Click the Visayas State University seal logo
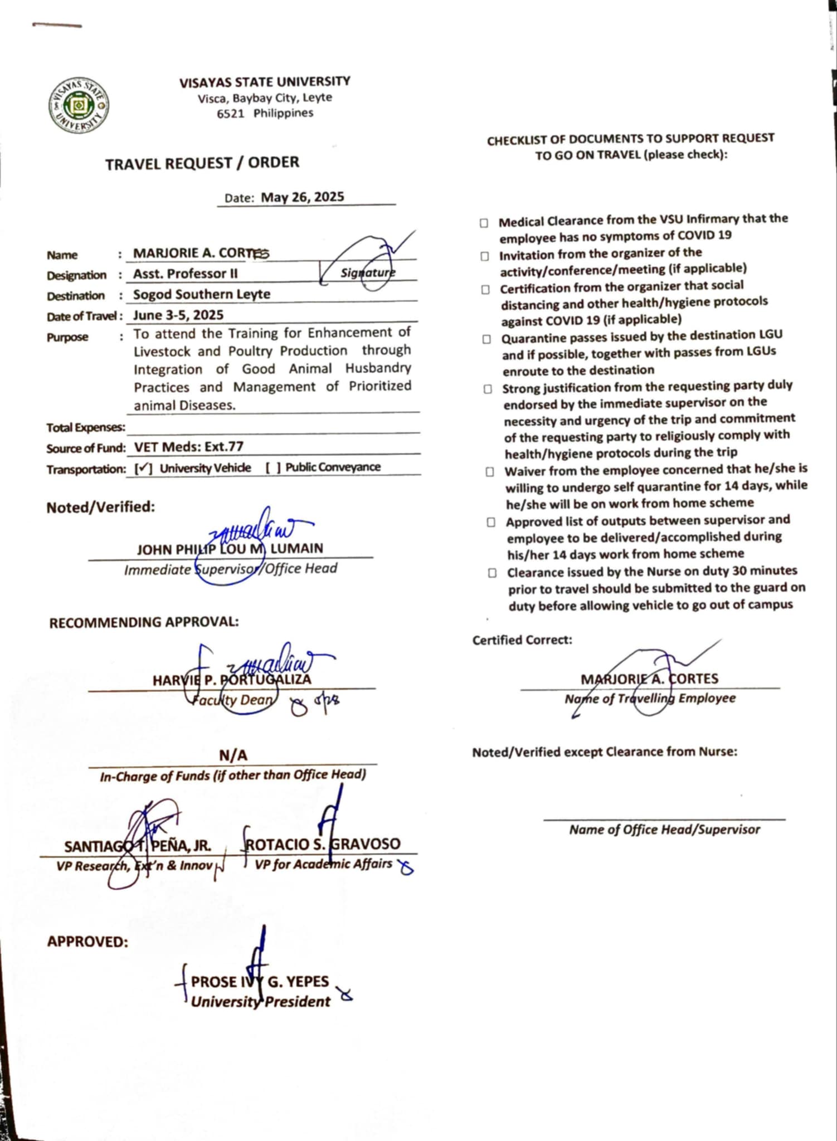pyautogui.click(x=79, y=105)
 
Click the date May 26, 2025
pyautogui.click(x=302, y=197)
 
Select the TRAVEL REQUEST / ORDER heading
pyautogui.click(x=202, y=163)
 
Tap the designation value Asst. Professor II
pyautogui.click(x=185, y=274)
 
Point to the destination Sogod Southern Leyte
pyautogui.click(x=202, y=294)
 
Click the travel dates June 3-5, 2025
pyautogui.click(x=178, y=315)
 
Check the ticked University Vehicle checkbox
pyautogui.click(x=144, y=469)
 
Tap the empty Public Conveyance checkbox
pyautogui.click(x=273, y=467)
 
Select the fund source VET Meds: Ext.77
pyautogui.click(x=188, y=447)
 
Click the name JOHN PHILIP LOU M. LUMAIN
pyautogui.click(x=230, y=549)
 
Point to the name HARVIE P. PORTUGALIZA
pyautogui.click(x=232, y=680)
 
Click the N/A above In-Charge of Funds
pyautogui.click(x=233, y=755)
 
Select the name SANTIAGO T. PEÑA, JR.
pyautogui.click(x=137, y=846)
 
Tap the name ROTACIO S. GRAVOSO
pyautogui.click(x=323, y=844)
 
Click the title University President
pyautogui.click(x=260, y=1002)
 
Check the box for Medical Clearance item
pyautogui.click(x=484, y=223)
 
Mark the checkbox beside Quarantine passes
pyautogui.click(x=486, y=339)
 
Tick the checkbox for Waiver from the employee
pyautogui.click(x=489, y=472)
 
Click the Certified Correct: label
pyautogui.click(x=522, y=640)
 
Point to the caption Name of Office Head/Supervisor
pyautogui.click(x=664, y=830)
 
